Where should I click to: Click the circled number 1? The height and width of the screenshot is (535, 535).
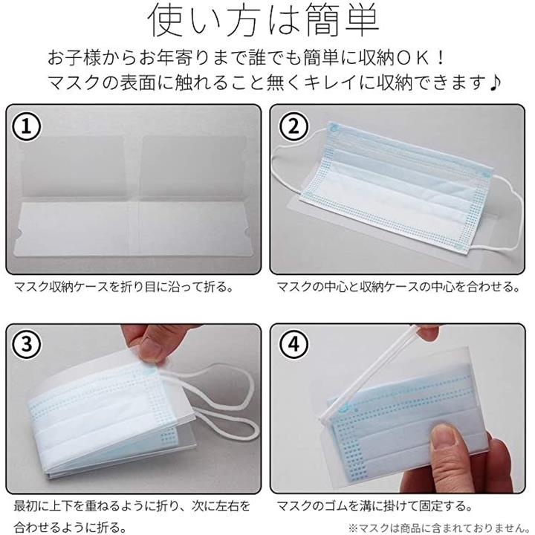coord(27,126)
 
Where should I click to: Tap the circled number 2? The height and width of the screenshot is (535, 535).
coord(294,126)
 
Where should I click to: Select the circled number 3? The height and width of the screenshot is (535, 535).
coord(27,344)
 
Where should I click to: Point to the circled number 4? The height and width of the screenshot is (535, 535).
coord(294,344)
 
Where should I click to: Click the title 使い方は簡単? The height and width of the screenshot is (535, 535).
coord(264,21)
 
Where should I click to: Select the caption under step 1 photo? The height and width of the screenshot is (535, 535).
coord(123,287)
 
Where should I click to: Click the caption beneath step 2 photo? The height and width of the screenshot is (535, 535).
coord(398,287)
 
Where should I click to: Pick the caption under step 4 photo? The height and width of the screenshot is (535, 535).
coord(374,505)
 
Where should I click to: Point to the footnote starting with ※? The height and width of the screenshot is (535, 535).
coord(438,528)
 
